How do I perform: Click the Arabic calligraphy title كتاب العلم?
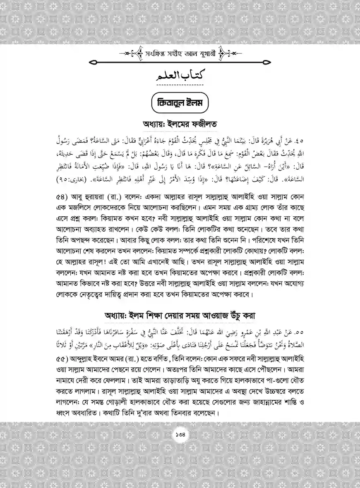click(179, 76)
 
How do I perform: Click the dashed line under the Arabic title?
click(180, 86)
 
